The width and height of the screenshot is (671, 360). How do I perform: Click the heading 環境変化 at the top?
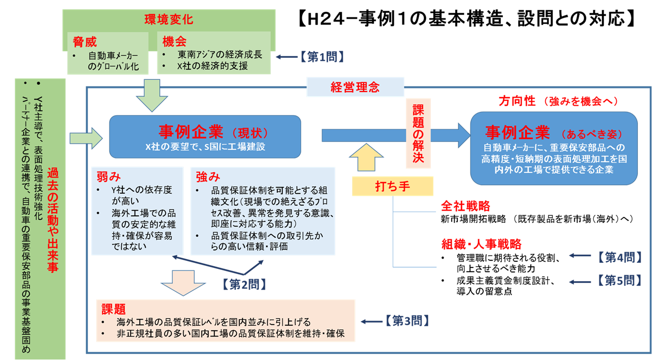169,20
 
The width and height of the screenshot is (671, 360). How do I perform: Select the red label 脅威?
85,41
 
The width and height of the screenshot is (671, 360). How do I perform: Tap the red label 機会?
175,41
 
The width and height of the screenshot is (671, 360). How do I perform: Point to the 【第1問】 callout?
322,56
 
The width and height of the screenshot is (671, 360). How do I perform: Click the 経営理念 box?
355,87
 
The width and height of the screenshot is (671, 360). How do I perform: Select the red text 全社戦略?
465,206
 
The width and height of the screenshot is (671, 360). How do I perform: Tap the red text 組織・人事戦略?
481,244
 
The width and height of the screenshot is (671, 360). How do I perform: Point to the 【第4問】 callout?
617,257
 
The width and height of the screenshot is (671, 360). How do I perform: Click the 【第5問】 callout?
617,280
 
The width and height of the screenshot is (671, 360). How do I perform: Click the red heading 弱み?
107,177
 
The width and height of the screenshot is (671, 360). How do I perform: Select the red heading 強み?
208,177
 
